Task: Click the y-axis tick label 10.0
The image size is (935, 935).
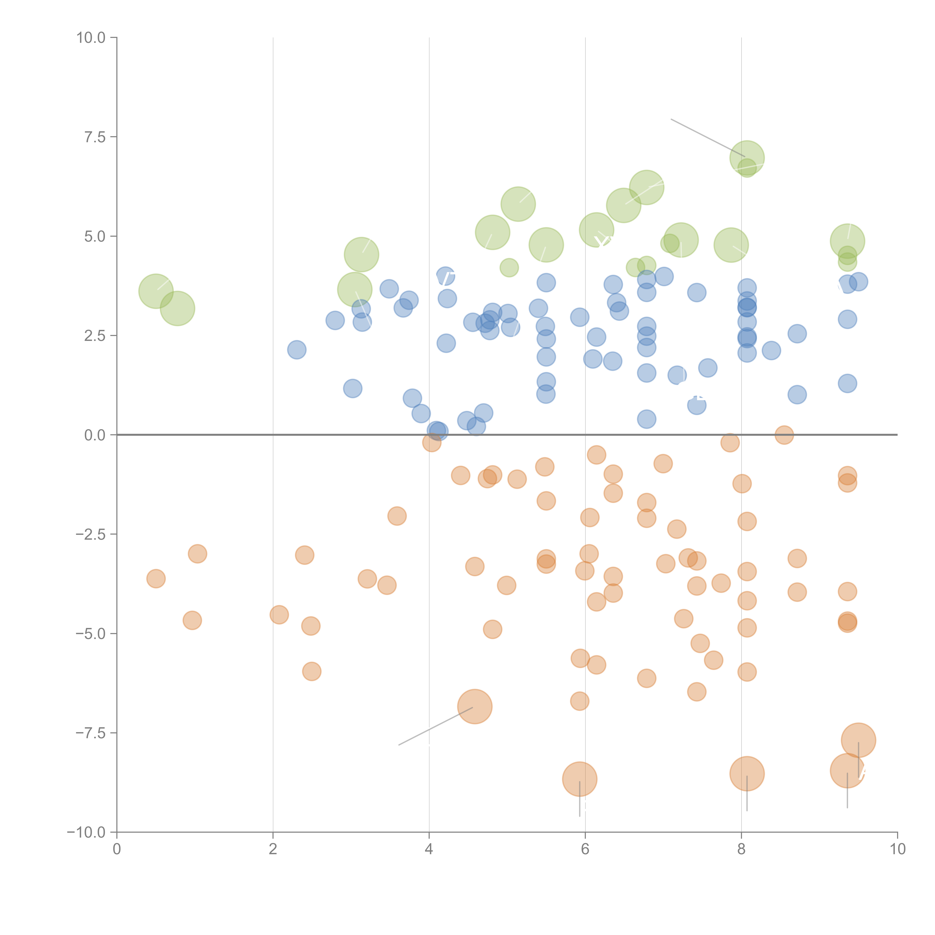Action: [x=91, y=38]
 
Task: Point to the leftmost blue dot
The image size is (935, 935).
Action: [x=297, y=350]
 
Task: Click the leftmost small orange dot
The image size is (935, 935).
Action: [x=156, y=578]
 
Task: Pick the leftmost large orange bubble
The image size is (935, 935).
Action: [x=475, y=706]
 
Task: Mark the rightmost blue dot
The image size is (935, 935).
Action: [x=859, y=281]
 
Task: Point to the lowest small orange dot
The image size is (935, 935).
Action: [x=579, y=701]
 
